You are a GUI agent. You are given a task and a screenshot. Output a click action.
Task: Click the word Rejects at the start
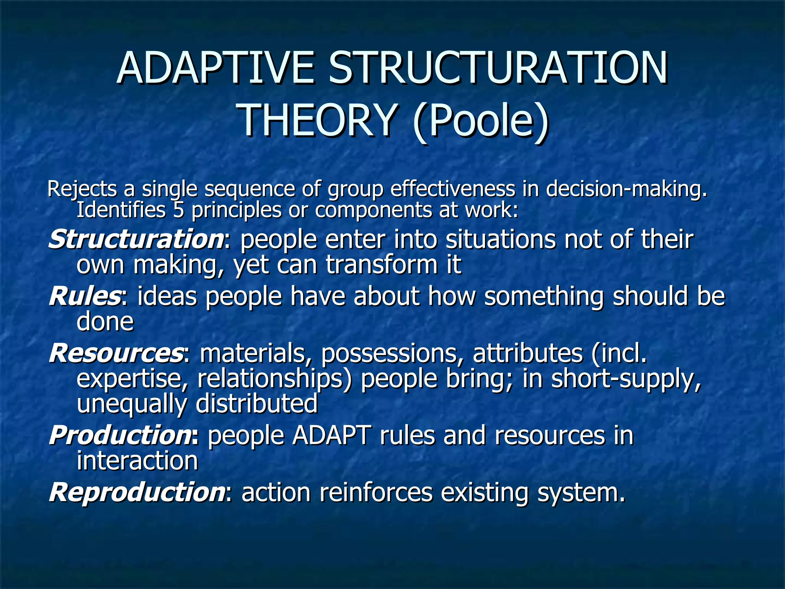pos(82,189)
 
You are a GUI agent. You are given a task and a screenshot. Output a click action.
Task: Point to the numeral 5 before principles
pos(178,210)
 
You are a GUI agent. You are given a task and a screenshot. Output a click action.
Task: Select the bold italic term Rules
pos(85,296)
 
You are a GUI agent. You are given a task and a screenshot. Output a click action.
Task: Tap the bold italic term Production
pos(118,436)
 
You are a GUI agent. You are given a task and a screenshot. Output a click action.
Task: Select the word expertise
pos(133,379)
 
